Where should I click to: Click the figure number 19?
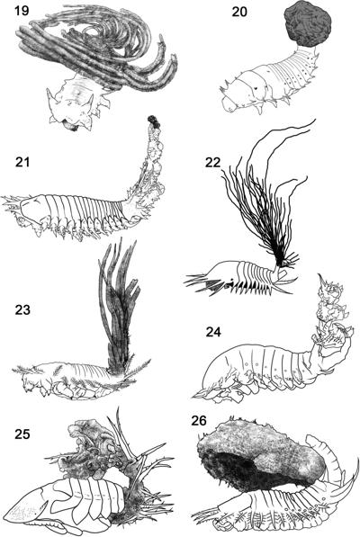tap(22, 11)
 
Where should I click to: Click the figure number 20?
tap(240, 12)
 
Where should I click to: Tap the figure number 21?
tap(22, 162)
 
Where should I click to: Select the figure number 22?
tap(213, 162)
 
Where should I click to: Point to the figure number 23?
tap(22, 310)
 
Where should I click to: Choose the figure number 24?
tap(213, 332)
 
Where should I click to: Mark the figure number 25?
tap(22, 434)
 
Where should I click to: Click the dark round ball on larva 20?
tap(308, 25)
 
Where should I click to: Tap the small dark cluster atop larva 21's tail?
tap(153, 122)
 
